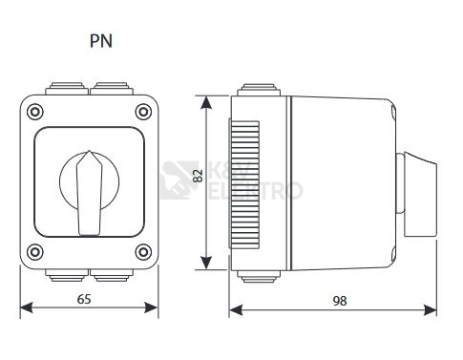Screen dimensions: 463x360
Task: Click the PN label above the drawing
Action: click(101, 41)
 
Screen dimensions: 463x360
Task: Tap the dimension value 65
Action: click(84, 299)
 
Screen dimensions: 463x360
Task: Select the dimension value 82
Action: click(198, 176)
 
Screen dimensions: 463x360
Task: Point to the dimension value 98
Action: click(340, 301)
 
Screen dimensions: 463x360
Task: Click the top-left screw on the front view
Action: click(35, 112)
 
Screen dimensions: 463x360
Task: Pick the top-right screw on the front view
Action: click(143, 112)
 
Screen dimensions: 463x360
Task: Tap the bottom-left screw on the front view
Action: click(35, 252)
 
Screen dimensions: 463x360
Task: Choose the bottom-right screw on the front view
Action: click(143, 252)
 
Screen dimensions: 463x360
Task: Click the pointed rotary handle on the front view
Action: click(90, 193)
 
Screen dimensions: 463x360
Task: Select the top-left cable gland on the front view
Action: click(67, 89)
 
